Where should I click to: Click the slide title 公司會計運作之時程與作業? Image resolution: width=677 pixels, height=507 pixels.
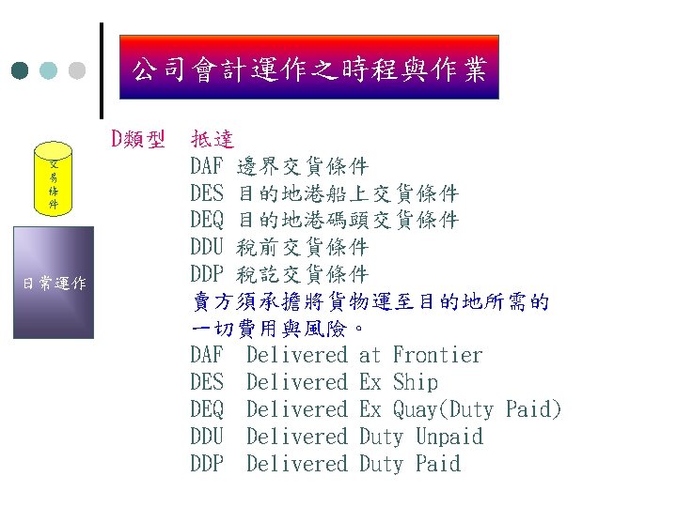point(309,69)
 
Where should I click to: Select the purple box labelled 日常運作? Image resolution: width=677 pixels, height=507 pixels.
point(55,283)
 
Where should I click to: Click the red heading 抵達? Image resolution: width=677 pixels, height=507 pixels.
point(213,141)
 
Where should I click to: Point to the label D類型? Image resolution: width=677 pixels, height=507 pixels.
point(138,141)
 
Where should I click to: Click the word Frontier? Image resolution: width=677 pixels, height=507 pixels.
point(437,355)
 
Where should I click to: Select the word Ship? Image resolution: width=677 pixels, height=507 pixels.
point(415,382)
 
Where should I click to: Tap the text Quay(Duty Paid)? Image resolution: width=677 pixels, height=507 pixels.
point(477,409)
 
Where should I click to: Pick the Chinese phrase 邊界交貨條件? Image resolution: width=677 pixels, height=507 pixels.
point(302,168)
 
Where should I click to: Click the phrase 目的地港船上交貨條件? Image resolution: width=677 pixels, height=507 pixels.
point(347,194)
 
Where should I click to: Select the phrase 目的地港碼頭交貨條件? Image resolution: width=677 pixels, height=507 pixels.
point(347,222)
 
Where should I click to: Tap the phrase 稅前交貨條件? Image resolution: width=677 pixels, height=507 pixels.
point(302,248)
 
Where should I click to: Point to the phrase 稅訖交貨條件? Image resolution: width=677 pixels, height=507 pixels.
point(302,275)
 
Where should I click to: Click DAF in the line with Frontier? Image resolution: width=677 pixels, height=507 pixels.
point(207,355)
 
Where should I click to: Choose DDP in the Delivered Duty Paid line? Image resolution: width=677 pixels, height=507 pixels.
point(207,464)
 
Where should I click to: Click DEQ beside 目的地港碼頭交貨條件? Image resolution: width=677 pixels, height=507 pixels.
point(207,222)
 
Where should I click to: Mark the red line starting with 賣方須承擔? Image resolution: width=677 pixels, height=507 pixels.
point(370,302)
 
